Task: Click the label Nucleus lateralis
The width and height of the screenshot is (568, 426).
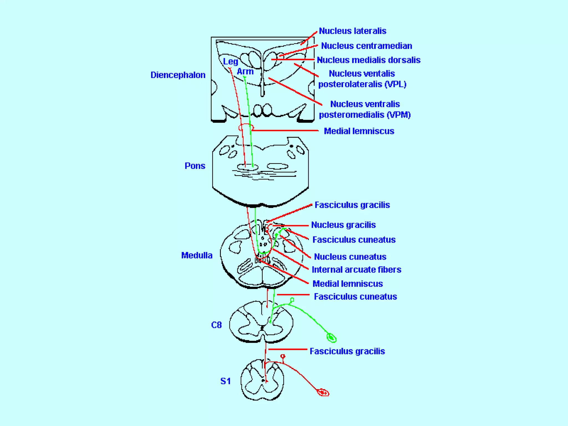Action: (352, 31)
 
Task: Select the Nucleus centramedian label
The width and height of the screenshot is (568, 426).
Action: (366, 46)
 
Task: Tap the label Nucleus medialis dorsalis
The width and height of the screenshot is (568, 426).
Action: (368, 60)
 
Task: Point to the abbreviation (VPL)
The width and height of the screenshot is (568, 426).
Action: (395, 84)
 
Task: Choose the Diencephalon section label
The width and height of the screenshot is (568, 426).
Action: (178, 75)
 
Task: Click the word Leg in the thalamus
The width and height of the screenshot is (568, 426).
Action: (230, 62)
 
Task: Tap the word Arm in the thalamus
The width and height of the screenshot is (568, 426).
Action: (245, 72)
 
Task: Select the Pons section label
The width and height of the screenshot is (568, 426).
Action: (195, 166)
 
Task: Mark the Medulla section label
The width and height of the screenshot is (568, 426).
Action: (197, 255)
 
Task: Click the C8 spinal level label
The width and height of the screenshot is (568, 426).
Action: (216, 325)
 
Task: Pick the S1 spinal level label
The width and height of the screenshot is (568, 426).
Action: (225, 381)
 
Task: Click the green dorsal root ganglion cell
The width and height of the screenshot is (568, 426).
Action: (331, 338)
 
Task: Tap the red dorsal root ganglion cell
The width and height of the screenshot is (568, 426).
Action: (323, 392)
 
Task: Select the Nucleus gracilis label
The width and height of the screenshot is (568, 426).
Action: (343, 225)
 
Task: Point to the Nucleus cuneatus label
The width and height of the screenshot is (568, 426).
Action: (350, 257)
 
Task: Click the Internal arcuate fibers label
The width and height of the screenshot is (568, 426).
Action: (356, 270)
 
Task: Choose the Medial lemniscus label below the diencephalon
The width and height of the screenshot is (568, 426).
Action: (359, 131)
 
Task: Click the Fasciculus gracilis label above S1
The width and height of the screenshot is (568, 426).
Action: (347, 351)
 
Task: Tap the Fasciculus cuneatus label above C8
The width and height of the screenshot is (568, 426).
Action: (355, 296)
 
